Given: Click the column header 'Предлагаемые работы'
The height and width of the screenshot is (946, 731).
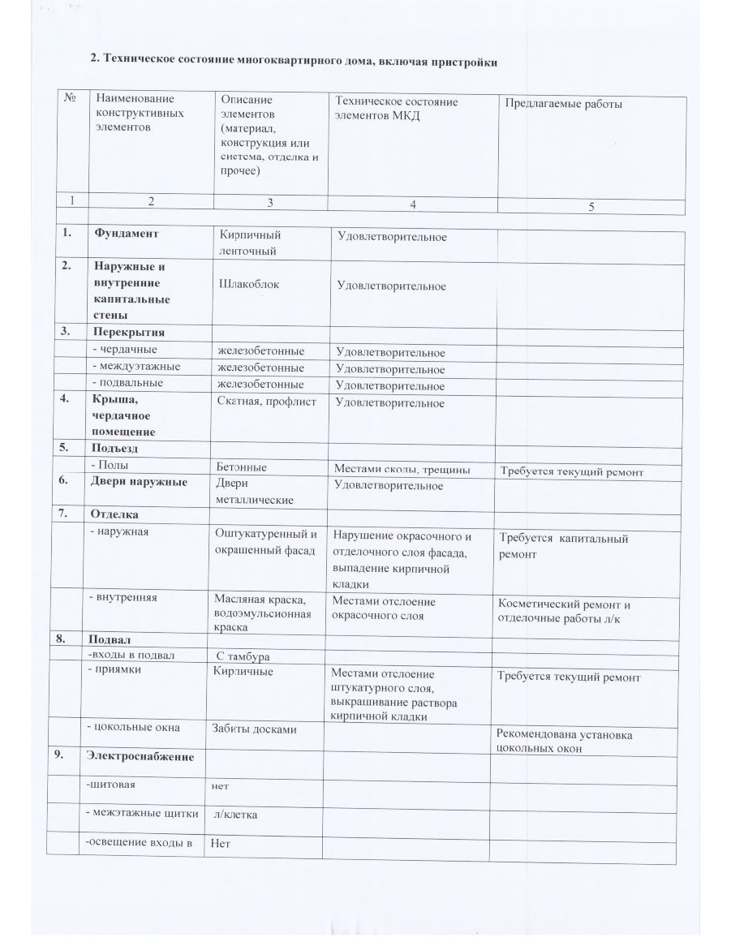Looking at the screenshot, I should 563,104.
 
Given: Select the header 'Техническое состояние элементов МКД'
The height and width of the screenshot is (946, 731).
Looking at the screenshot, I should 397,108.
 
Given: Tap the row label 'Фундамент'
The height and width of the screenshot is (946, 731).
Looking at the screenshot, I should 126,234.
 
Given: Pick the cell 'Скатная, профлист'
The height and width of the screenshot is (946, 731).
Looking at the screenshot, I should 267,402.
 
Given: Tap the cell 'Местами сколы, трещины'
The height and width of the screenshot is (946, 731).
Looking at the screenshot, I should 402,468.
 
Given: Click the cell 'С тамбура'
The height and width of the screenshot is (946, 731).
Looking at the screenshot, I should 243,656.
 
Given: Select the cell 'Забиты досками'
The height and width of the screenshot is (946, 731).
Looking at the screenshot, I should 254,729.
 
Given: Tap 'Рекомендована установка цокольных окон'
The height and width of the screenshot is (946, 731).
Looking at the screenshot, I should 564,742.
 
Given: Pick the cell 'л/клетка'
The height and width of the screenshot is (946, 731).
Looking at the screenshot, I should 235,814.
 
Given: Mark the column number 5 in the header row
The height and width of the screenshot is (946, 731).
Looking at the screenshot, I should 591,206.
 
